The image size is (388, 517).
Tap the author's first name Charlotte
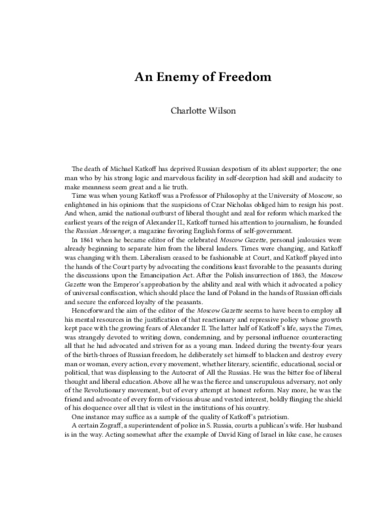pyautogui.click(x=187, y=110)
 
